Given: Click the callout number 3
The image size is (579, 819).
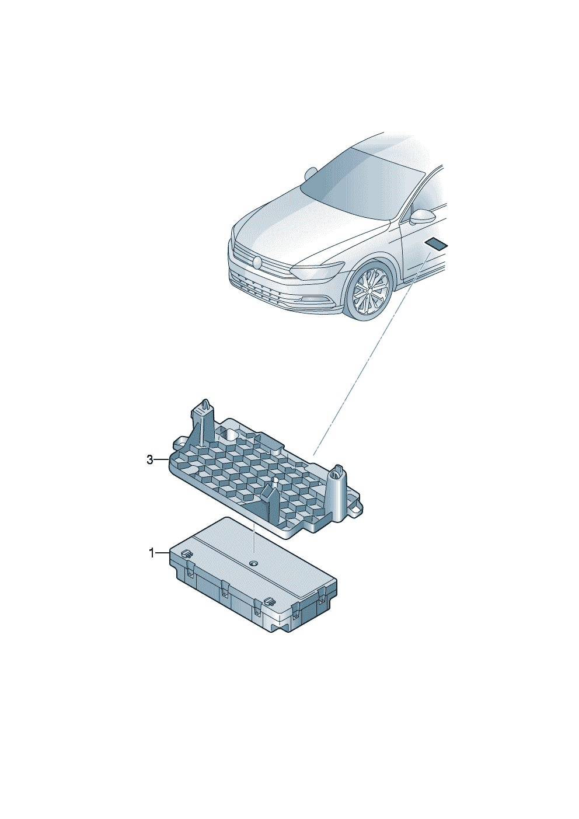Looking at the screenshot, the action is coord(150,459).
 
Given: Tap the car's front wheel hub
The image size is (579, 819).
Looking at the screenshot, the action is coord(369,291).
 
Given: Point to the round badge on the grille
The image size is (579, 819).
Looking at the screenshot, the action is coord(257,262).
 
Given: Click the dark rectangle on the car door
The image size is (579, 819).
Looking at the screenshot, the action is coord(437,243).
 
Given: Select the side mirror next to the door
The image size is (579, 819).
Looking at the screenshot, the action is coord(422,217).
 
